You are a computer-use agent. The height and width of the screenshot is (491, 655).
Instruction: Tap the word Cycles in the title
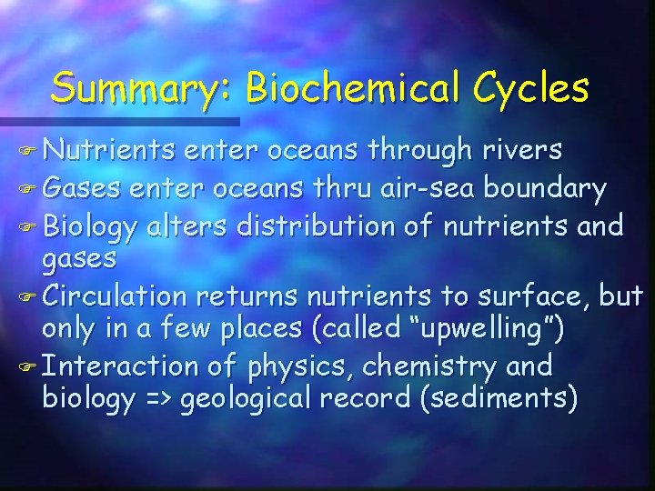(x=539, y=88)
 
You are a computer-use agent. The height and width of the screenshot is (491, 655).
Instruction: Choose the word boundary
(x=545, y=189)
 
